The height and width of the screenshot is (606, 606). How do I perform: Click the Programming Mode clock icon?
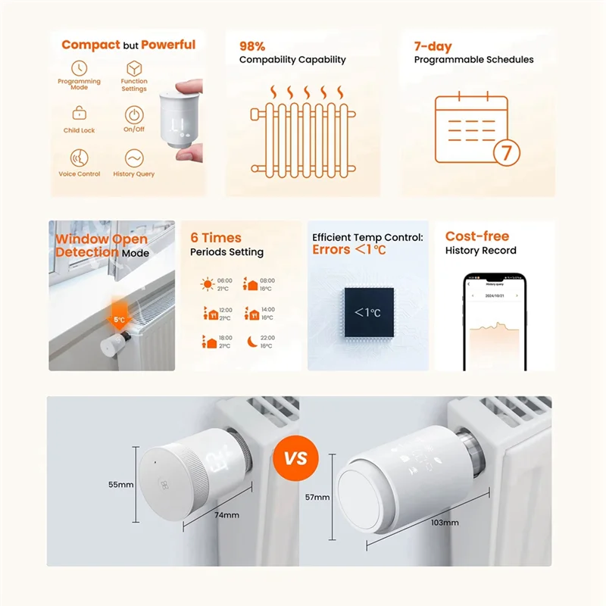point(79,68)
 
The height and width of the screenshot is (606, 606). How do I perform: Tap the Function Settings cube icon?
point(134,67)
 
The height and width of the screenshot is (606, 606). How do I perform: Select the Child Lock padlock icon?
point(79,114)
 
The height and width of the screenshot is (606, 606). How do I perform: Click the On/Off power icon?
point(134,114)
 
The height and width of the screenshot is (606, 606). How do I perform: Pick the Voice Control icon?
point(79,158)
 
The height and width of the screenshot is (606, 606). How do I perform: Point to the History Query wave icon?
point(134,158)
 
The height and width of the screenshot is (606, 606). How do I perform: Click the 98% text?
point(252,46)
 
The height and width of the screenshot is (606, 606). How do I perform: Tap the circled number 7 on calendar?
point(506,151)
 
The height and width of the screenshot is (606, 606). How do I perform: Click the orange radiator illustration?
point(301,130)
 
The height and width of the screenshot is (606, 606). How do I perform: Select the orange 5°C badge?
point(120,319)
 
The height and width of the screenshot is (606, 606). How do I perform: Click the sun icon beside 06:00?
point(207,285)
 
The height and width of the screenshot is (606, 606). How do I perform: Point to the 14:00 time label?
point(267,309)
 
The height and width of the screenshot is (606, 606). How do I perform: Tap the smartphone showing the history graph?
point(494,322)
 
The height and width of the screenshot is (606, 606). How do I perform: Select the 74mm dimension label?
point(226,515)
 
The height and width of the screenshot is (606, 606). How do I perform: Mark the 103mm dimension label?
point(445,523)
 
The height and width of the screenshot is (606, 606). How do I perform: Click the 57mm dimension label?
point(318,497)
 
